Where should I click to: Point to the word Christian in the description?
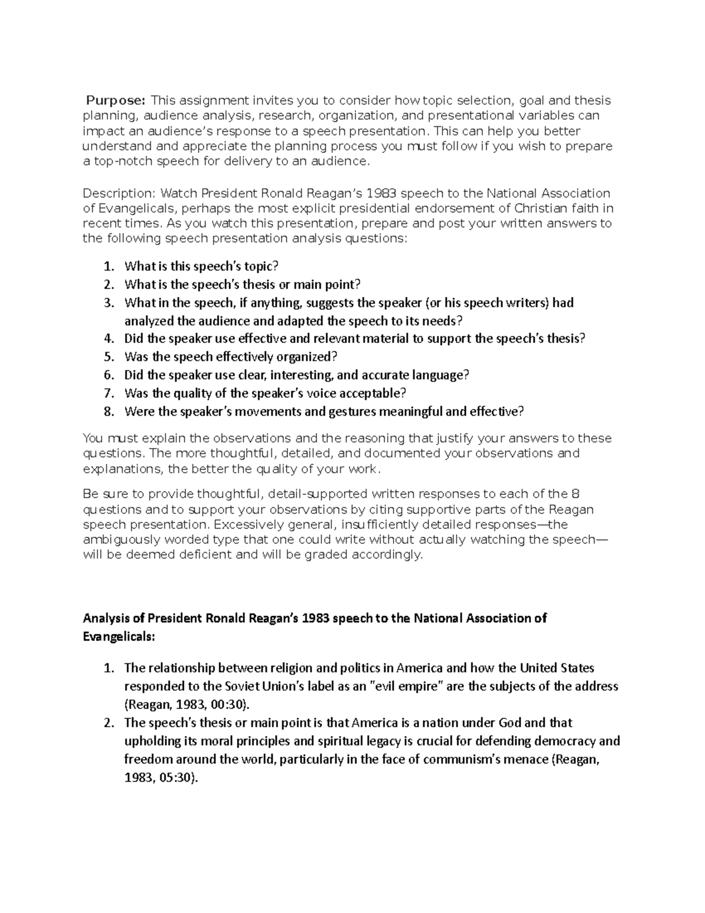[540, 208]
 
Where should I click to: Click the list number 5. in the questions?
[108, 357]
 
